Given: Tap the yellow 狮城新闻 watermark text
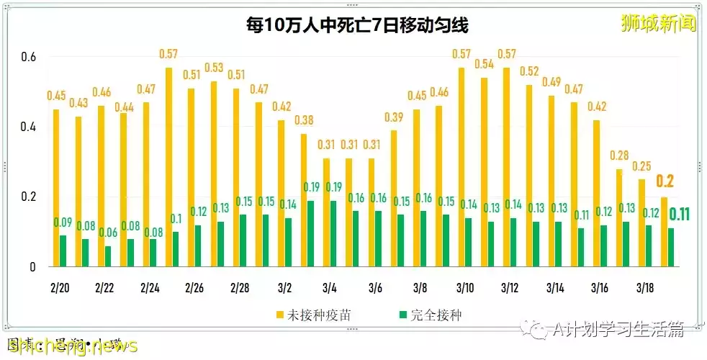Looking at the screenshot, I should click(x=658, y=24).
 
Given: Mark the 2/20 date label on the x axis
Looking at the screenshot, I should click(x=60, y=287).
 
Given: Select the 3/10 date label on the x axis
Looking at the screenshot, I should click(x=464, y=287).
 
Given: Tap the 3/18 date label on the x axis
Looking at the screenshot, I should click(x=645, y=287).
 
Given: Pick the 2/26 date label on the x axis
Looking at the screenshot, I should click(x=195, y=287).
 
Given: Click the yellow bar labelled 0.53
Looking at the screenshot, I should click(x=214, y=173).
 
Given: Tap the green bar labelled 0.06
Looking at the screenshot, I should click(x=108, y=256).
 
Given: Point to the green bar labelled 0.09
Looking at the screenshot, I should click(x=63, y=251).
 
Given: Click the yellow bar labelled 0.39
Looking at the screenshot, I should click(x=394, y=198).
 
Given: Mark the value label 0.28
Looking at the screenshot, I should click(x=619, y=156).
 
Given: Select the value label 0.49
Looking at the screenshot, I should click(x=552, y=82).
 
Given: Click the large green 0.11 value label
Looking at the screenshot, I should click(x=681, y=214).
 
